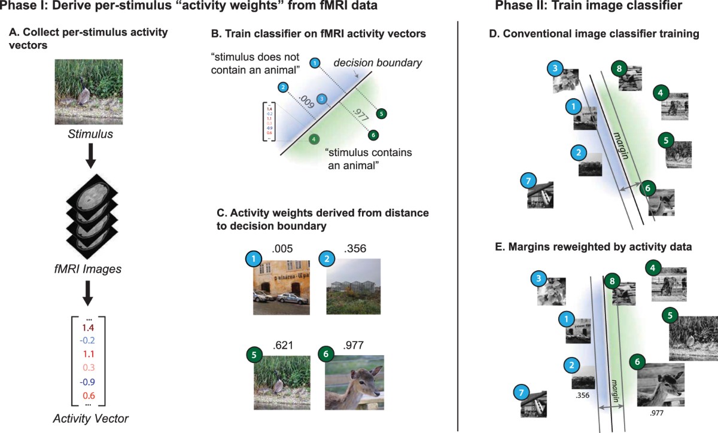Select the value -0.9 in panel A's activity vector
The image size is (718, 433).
[89, 381]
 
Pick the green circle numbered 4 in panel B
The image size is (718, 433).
[313, 139]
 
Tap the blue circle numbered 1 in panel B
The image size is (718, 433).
[315, 63]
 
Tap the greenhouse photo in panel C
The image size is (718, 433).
[353, 286]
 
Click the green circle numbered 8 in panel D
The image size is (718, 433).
[619, 68]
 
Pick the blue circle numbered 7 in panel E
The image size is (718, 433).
[522, 392]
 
